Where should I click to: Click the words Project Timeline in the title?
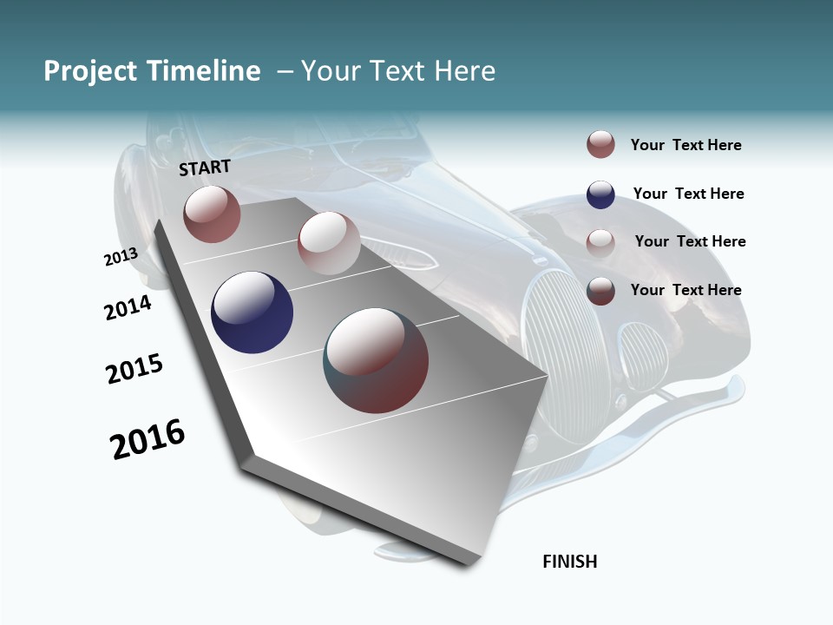coord(152,71)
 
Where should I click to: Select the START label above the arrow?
coord(205,168)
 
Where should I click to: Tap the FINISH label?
coord(570,562)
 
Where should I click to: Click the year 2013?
coord(121,257)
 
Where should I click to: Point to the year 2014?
coord(128,307)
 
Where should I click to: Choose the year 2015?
coord(134,368)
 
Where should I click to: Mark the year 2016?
coord(148,439)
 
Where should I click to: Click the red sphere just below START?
coord(212,214)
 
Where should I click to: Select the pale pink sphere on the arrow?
coord(329,243)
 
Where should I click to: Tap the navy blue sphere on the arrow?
coord(253,312)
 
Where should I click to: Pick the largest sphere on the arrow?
coord(376,360)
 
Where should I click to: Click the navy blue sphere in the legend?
coord(600,194)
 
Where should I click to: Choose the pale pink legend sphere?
coord(600,242)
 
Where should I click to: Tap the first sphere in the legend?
coord(600,145)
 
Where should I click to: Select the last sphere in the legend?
coord(600,291)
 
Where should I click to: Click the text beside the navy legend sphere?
coord(688,194)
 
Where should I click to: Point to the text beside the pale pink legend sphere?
coord(690,241)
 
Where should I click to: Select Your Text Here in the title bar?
coord(397,71)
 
